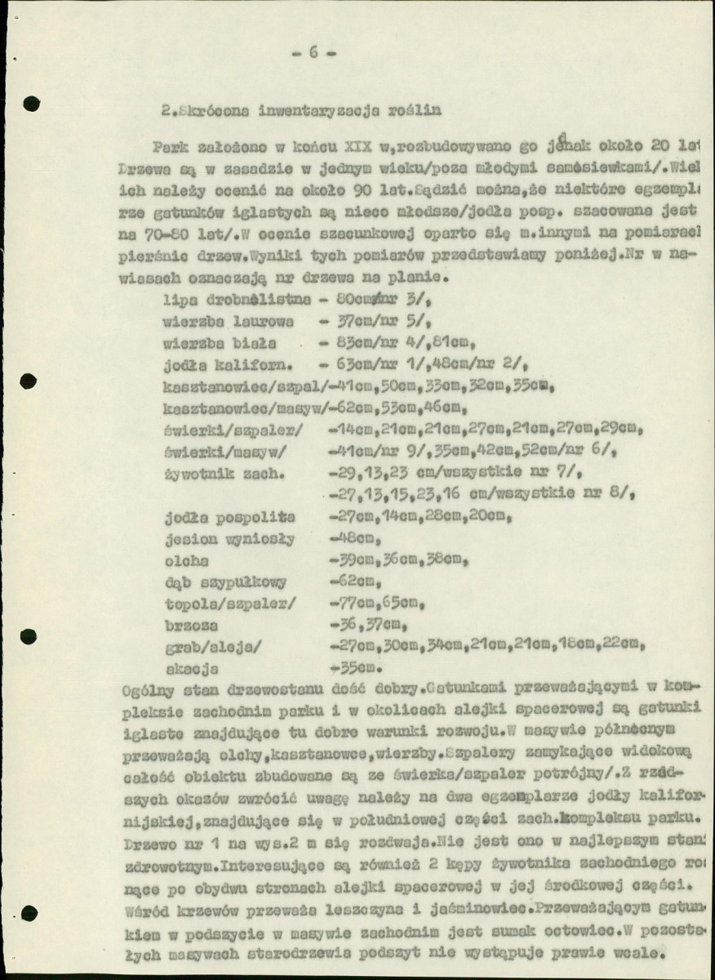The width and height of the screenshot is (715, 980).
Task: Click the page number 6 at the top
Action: pyautogui.click(x=313, y=53)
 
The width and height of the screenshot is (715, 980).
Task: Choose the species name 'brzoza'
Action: pyautogui.click(x=190, y=626)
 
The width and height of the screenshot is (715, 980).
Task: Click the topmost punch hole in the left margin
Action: pyautogui.click(x=31, y=103)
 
